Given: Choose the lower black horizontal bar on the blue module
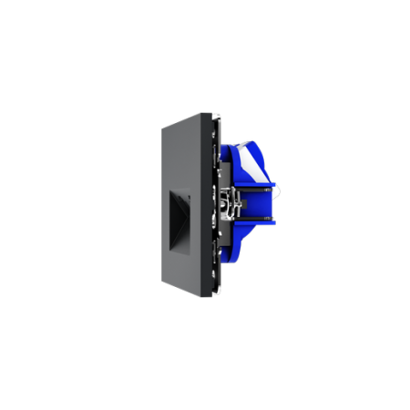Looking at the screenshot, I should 250,220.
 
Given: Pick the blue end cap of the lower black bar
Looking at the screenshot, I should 271,220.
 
